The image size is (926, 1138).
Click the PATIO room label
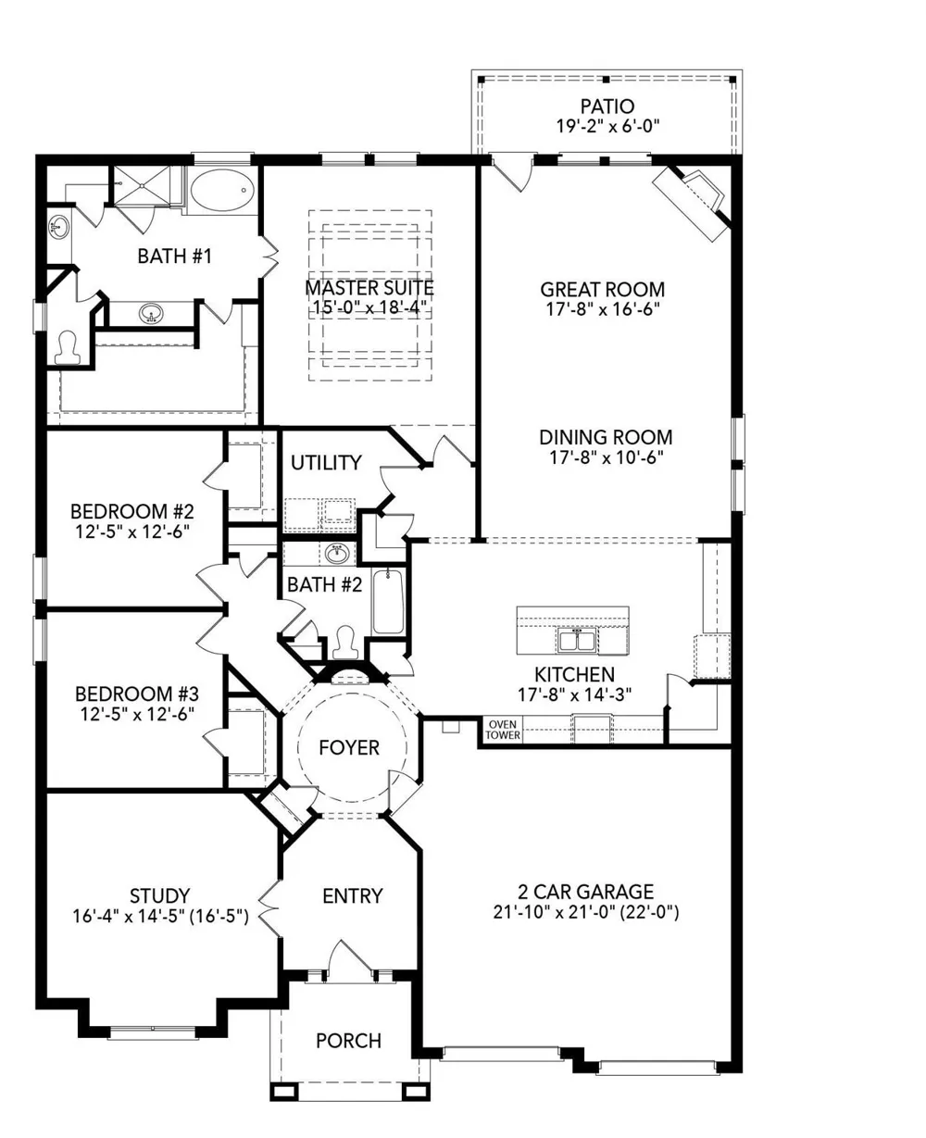click(x=607, y=106)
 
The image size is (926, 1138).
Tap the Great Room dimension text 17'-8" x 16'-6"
click(x=603, y=309)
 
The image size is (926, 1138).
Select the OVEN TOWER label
click(x=503, y=730)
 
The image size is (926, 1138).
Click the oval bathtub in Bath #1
click(x=221, y=190)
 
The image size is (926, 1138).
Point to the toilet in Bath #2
click(x=346, y=643)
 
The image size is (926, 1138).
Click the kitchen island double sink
click(x=577, y=640)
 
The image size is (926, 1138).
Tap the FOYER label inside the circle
click(x=349, y=747)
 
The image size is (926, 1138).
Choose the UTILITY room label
click(x=326, y=463)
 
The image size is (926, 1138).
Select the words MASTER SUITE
click(x=369, y=289)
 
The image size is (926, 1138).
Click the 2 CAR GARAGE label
click(x=585, y=892)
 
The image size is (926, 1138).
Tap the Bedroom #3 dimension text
click(x=137, y=714)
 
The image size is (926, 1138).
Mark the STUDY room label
click(x=160, y=895)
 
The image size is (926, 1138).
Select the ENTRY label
click(x=353, y=896)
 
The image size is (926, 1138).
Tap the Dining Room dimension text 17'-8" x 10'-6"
click(x=606, y=457)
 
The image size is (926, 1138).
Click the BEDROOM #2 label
click(x=132, y=512)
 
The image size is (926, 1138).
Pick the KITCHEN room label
click(x=574, y=674)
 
